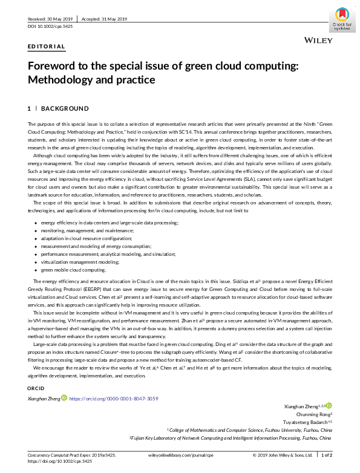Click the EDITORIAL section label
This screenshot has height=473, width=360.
coord(47,47)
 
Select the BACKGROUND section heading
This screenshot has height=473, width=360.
coord(65,108)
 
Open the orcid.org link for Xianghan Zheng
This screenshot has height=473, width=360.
coord(114,399)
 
